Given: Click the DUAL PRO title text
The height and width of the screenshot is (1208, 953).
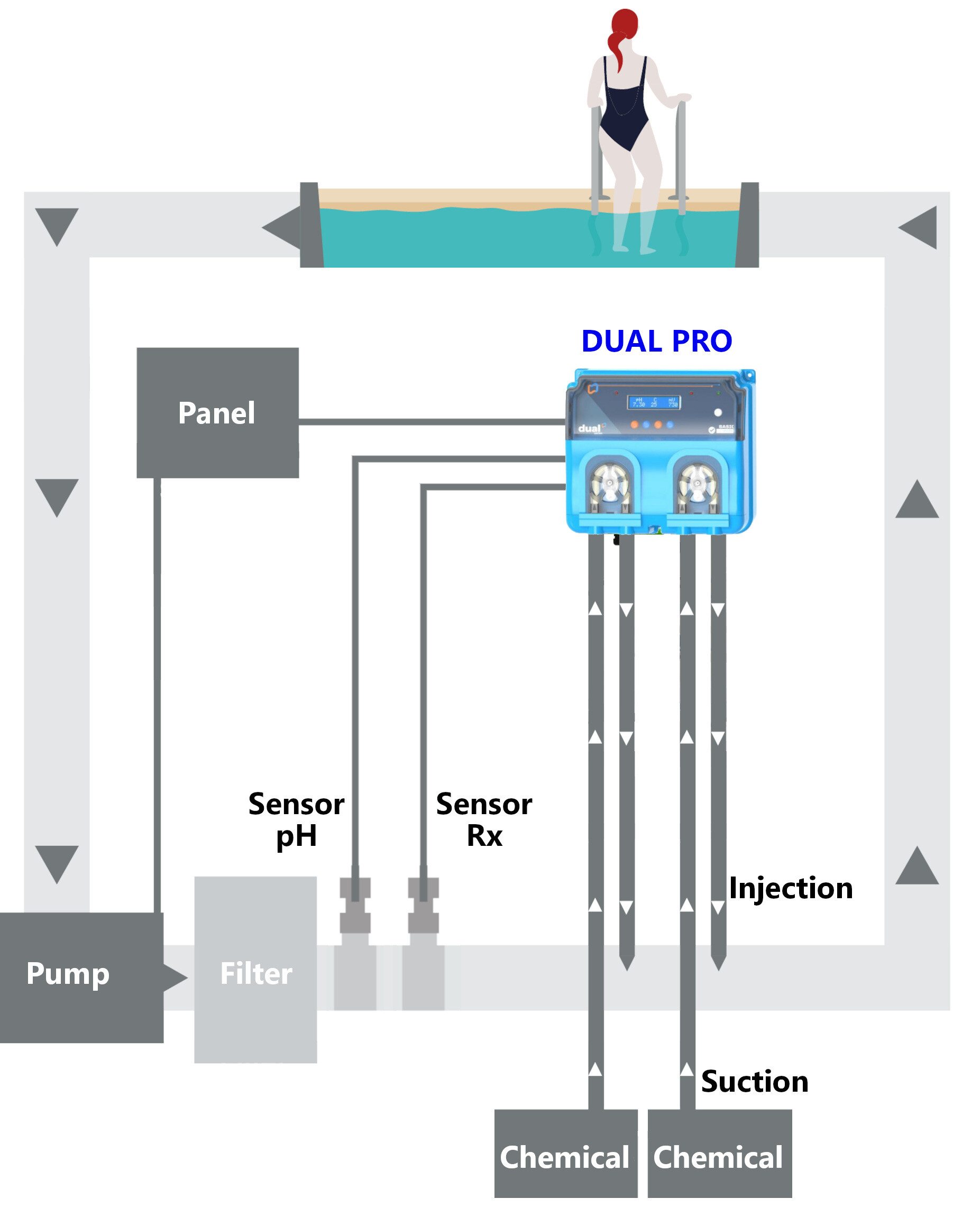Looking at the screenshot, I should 656,342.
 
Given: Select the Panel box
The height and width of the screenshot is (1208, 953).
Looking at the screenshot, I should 217,413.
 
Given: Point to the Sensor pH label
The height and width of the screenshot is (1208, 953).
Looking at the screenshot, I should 296,820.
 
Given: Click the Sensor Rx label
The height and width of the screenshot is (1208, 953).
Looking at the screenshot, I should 484,820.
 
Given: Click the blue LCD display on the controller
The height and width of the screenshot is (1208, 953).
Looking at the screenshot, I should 655,402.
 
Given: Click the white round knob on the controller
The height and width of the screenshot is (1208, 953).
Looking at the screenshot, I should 718,413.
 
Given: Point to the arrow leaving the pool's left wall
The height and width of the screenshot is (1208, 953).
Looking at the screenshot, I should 282,227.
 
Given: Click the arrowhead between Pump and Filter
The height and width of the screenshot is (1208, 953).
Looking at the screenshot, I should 176,976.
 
